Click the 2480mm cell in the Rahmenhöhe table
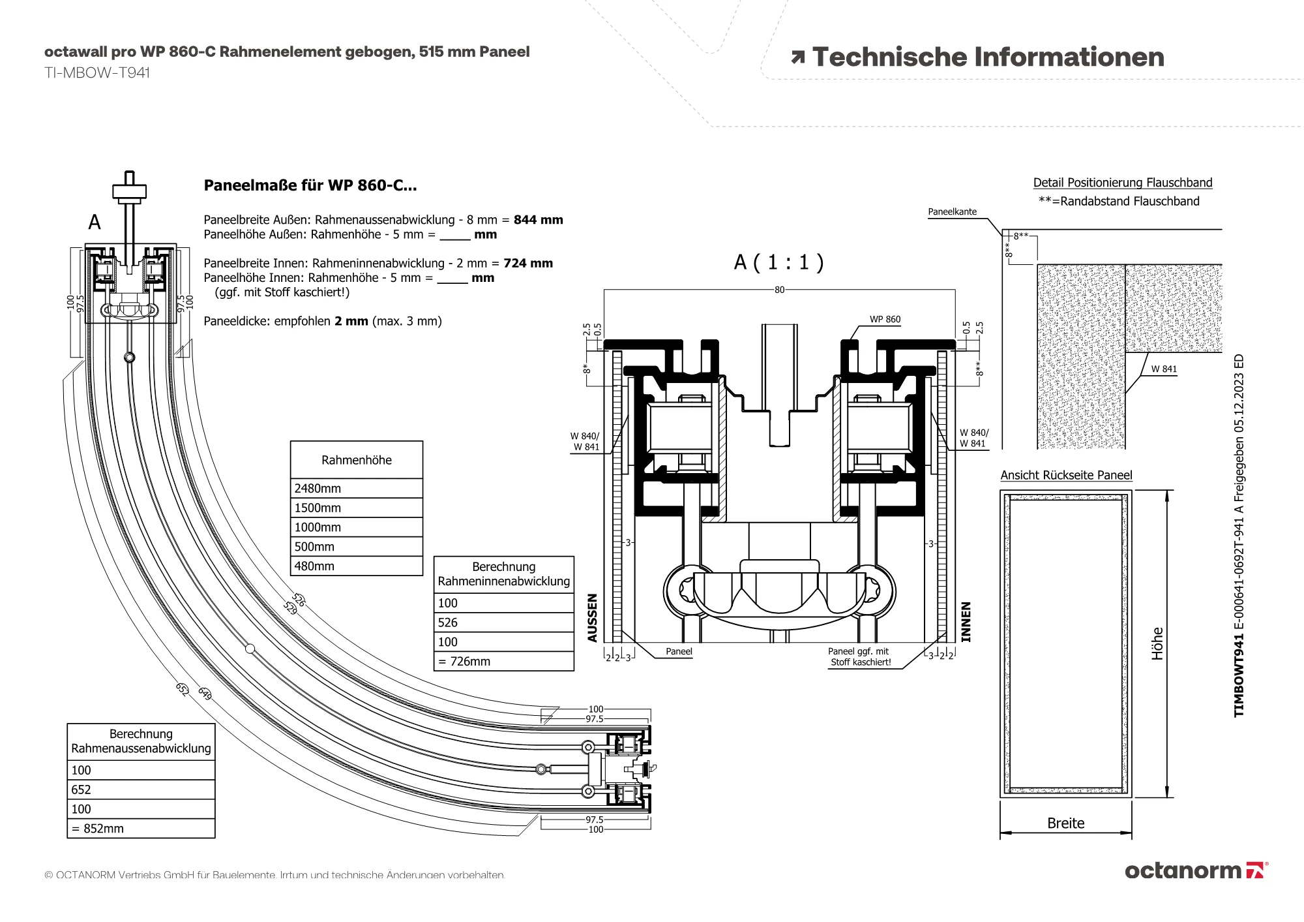pyautogui.click(x=356, y=488)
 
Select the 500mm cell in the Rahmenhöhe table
pyautogui.click(x=356, y=547)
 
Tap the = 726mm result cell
pyautogui.click(x=503, y=661)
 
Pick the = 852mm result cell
pyautogui.click(x=141, y=829)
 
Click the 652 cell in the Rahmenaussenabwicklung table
pyautogui.click(x=141, y=790)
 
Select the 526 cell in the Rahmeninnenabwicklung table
pyautogui.click(x=503, y=622)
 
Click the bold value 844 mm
pyautogui.click(x=538, y=220)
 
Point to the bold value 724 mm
pyautogui.click(x=528, y=263)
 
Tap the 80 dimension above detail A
pyautogui.click(x=779, y=290)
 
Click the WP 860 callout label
pyautogui.click(x=885, y=319)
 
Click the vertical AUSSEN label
pyautogui.click(x=593, y=617)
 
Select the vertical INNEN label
pyautogui.click(x=966, y=621)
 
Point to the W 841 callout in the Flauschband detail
pyautogui.click(x=1164, y=369)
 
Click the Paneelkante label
pyautogui.click(x=952, y=211)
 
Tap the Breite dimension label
pyautogui.click(x=1065, y=823)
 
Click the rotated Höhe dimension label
pyautogui.click(x=1157, y=643)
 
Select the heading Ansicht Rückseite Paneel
pyautogui.click(x=1066, y=475)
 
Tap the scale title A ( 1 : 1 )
pyautogui.click(x=779, y=262)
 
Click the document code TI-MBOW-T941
pyautogui.click(x=97, y=72)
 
